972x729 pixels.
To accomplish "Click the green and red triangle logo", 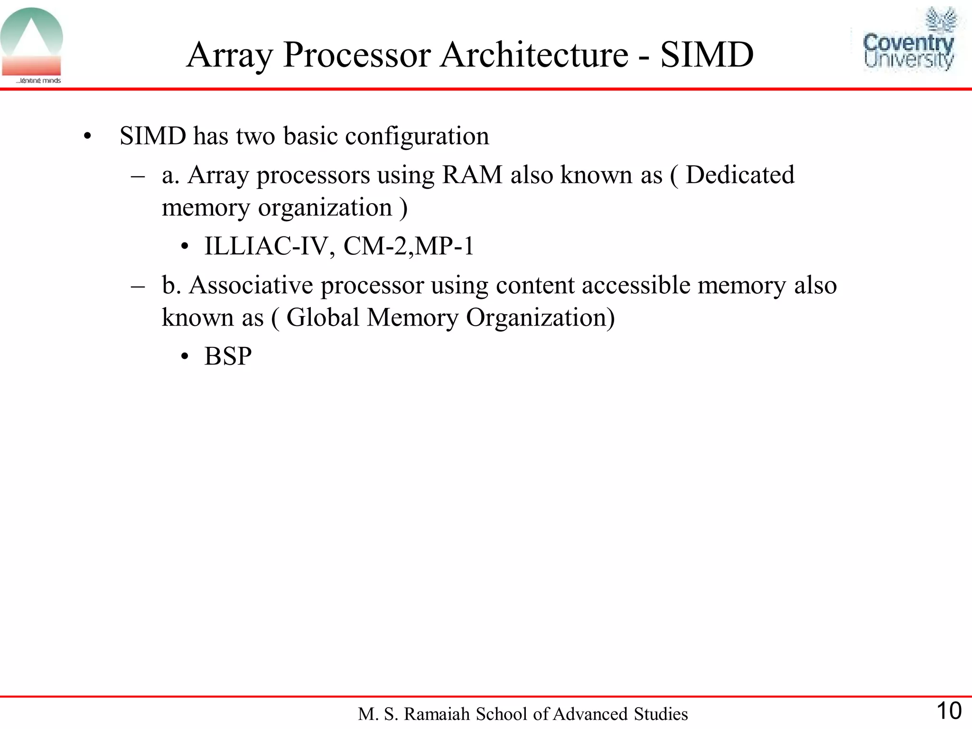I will coord(32,44).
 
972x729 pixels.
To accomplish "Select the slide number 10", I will coord(948,711).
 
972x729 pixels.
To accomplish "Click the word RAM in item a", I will coord(472,175).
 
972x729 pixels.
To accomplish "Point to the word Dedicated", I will coord(740,175).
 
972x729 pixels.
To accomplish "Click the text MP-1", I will coord(444,246).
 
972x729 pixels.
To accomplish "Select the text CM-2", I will coord(375,246).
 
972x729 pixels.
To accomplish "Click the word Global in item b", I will coord(322,317).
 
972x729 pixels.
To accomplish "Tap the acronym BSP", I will coord(228,356).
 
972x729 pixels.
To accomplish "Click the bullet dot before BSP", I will coord(185,357).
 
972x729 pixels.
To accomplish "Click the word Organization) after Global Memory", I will coord(540,317).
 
